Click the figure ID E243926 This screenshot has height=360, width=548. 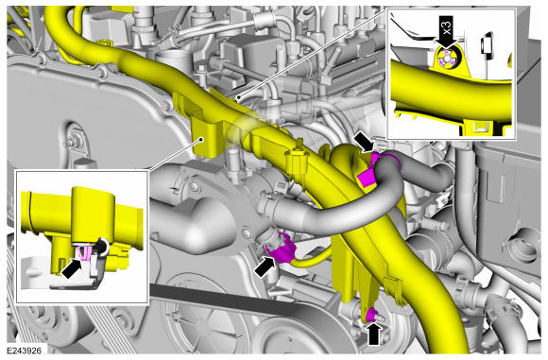click(x=25, y=351)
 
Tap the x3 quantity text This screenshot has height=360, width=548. click(x=448, y=26)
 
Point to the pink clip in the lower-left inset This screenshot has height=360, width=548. click(x=84, y=252)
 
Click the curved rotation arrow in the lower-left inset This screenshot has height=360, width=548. click(x=102, y=247)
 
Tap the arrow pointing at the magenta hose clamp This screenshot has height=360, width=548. click(x=363, y=141)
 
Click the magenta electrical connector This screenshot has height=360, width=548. click(x=281, y=249)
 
